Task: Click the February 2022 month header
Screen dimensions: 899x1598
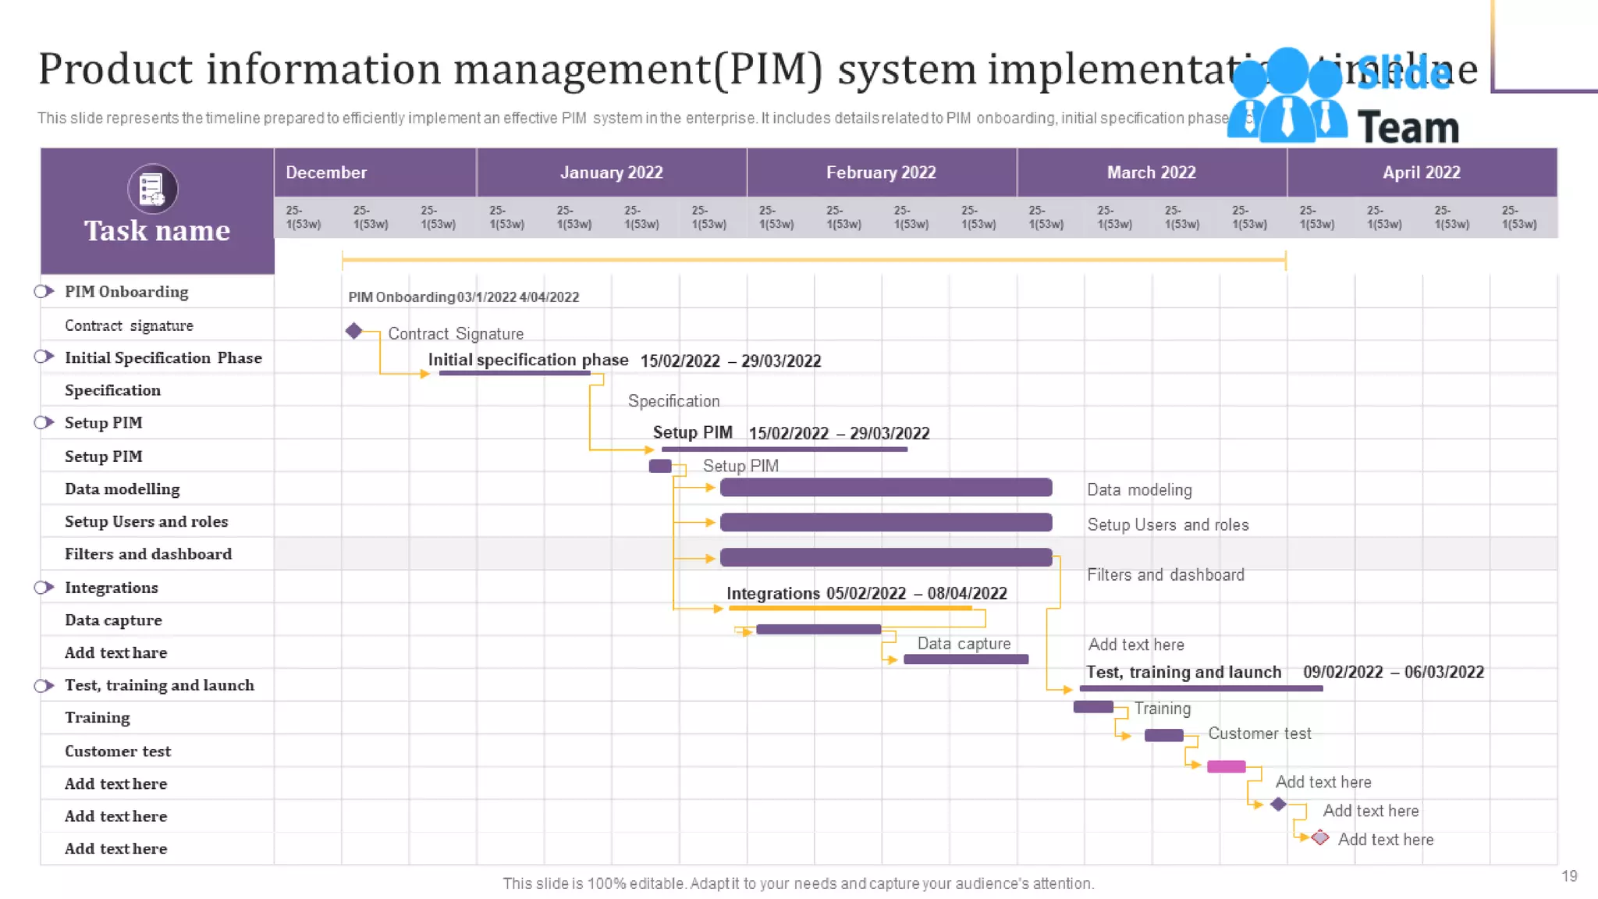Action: coord(881,172)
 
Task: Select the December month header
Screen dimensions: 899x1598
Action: coord(326,172)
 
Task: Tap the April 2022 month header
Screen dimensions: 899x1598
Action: coord(1421,172)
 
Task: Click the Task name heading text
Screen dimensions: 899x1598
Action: coord(157,231)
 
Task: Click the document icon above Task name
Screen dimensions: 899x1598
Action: coord(152,189)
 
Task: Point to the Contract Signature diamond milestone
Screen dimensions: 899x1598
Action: coord(353,331)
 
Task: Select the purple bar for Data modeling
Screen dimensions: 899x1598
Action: coord(886,488)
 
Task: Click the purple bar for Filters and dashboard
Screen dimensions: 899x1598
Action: coord(886,557)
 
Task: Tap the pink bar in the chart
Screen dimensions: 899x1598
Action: coord(1226,766)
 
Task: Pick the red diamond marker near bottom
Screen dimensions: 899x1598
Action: coord(1320,837)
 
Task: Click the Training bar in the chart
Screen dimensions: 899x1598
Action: coord(1093,707)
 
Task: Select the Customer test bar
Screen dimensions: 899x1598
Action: coord(1163,735)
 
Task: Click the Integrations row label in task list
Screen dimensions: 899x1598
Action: coord(112,588)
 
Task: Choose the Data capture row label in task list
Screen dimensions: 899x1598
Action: coord(113,620)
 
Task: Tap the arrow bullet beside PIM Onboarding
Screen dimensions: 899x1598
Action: coord(44,291)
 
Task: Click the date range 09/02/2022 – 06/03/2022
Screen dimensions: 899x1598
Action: coord(1393,672)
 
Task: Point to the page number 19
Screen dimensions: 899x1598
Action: coord(1569,876)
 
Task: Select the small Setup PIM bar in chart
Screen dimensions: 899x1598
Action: coord(660,466)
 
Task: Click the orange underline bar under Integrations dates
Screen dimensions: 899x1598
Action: coord(850,608)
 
